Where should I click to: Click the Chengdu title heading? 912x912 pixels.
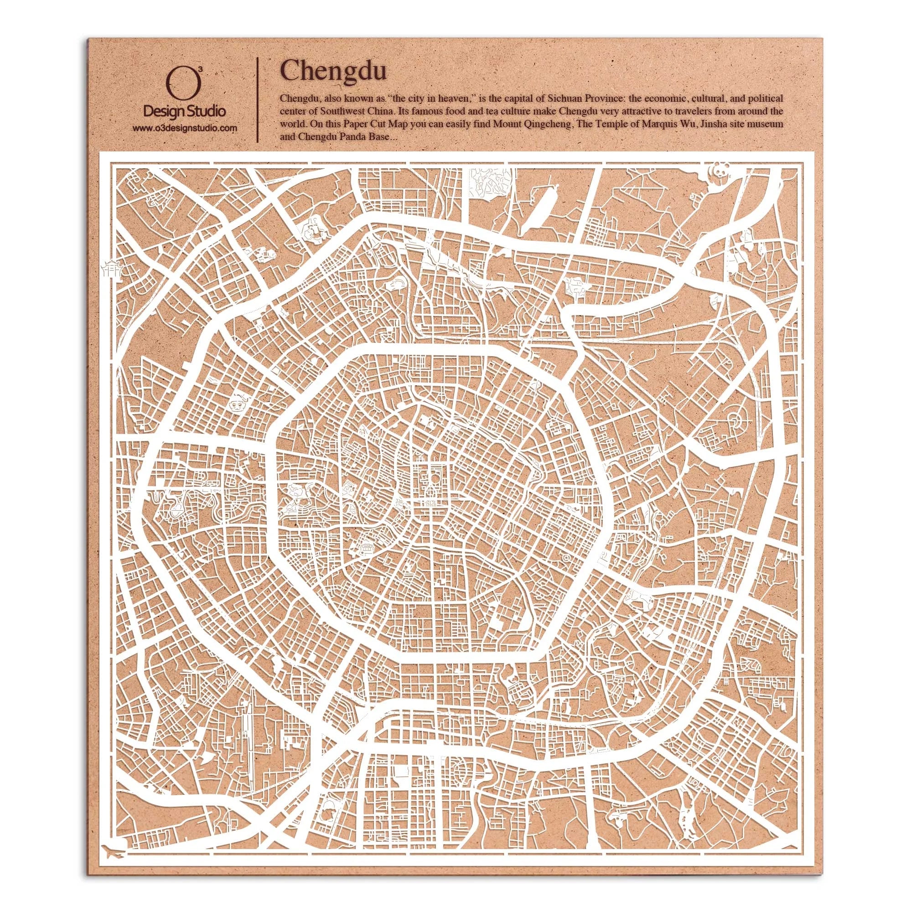pos(333,71)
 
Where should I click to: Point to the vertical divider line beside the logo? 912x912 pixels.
pos(257,100)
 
